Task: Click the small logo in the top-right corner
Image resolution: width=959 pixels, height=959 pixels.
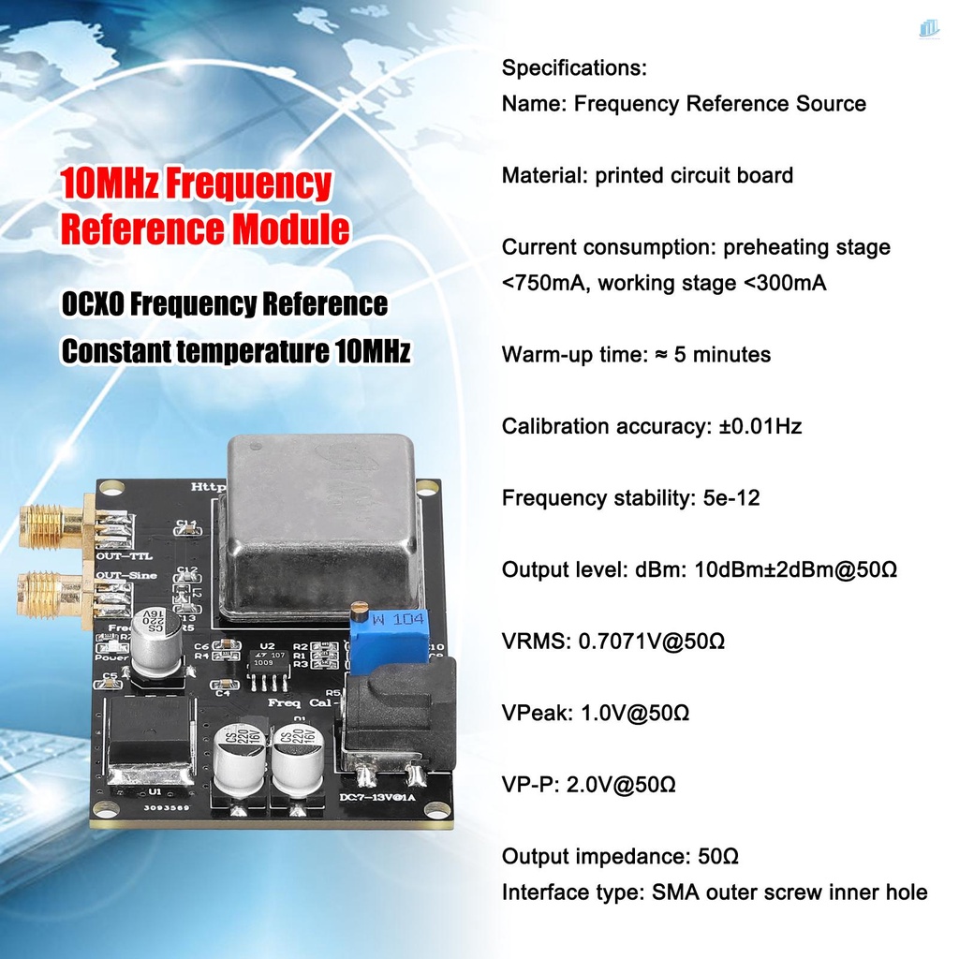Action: (928, 31)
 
